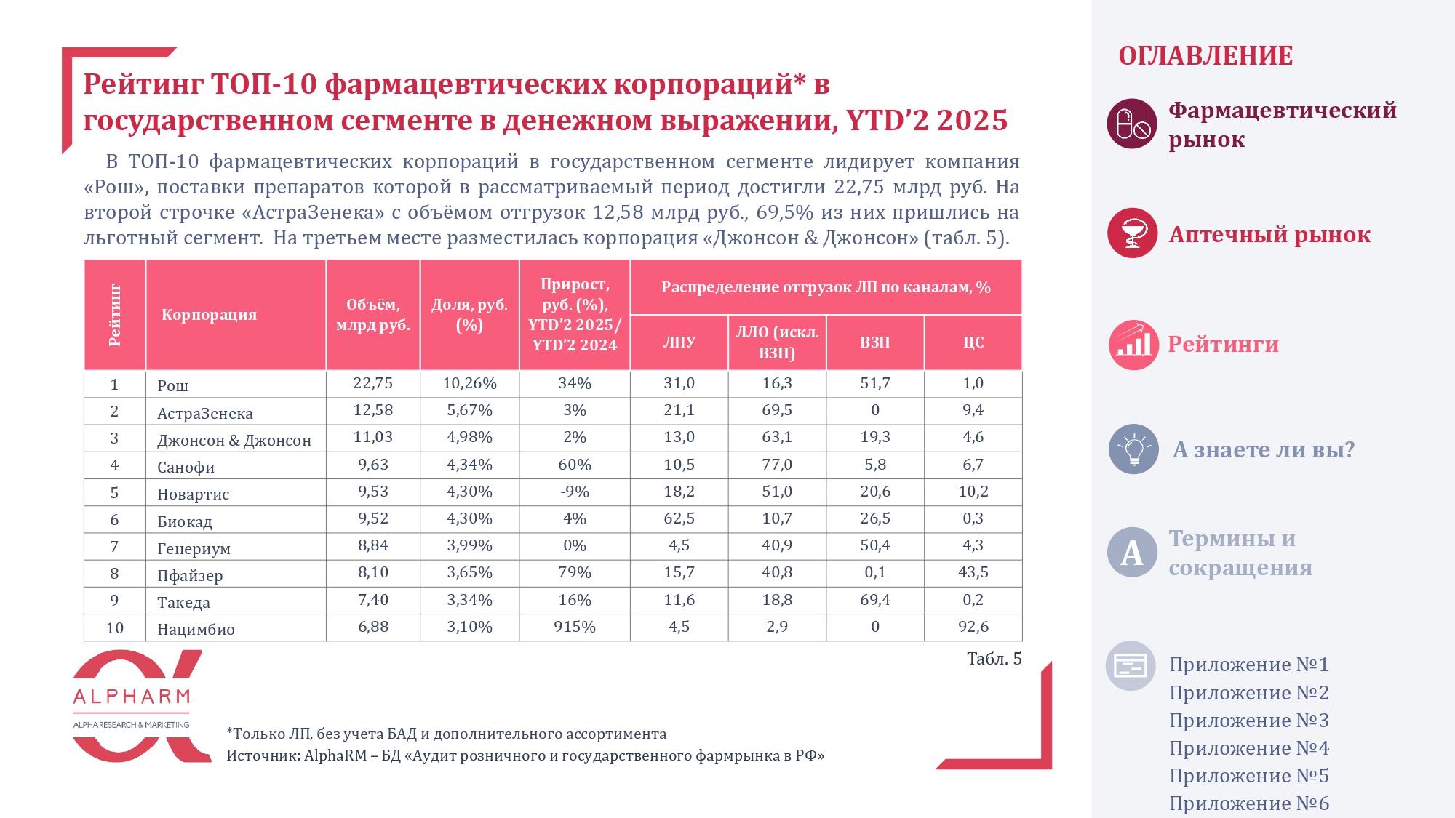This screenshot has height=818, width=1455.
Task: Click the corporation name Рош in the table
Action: tap(172, 385)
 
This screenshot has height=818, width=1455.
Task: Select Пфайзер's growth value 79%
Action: tap(574, 573)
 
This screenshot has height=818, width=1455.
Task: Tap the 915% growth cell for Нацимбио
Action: tap(574, 627)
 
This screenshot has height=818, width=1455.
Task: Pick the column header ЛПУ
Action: tap(679, 342)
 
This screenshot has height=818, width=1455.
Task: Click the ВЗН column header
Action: tap(874, 342)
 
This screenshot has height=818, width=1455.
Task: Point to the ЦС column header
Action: tap(973, 342)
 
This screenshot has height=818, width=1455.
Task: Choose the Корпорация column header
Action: tap(209, 315)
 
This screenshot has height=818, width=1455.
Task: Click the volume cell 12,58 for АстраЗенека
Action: tap(372, 410)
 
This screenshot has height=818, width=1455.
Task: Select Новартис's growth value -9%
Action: tap(574, 492)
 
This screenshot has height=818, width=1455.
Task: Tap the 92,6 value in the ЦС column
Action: tap(973, 627)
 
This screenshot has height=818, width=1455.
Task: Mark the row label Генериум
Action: tap(194, 549)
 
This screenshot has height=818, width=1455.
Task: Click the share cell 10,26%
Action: tap(469, 383)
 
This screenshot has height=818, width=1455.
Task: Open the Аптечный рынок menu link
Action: tap(1269, 235)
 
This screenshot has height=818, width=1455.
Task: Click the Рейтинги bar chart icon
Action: tap(1133, 345)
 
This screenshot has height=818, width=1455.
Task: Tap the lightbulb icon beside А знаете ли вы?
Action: tap(1133, 449)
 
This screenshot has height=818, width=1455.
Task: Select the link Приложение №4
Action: tap(1248, 748)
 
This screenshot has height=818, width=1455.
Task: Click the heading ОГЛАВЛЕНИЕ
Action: tap(1205, 56)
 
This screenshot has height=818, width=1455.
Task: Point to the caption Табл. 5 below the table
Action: tap(994, 659)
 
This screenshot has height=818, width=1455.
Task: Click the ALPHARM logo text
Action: tap(132, 697)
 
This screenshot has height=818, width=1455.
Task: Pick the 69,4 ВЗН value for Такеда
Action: tap(874, 600)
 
